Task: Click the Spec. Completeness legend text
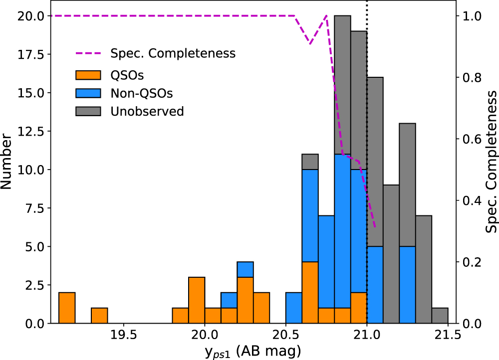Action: pyautogui.click(x=173, y=53)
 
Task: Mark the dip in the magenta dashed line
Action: pyautogui.click(x=310, y=43)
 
